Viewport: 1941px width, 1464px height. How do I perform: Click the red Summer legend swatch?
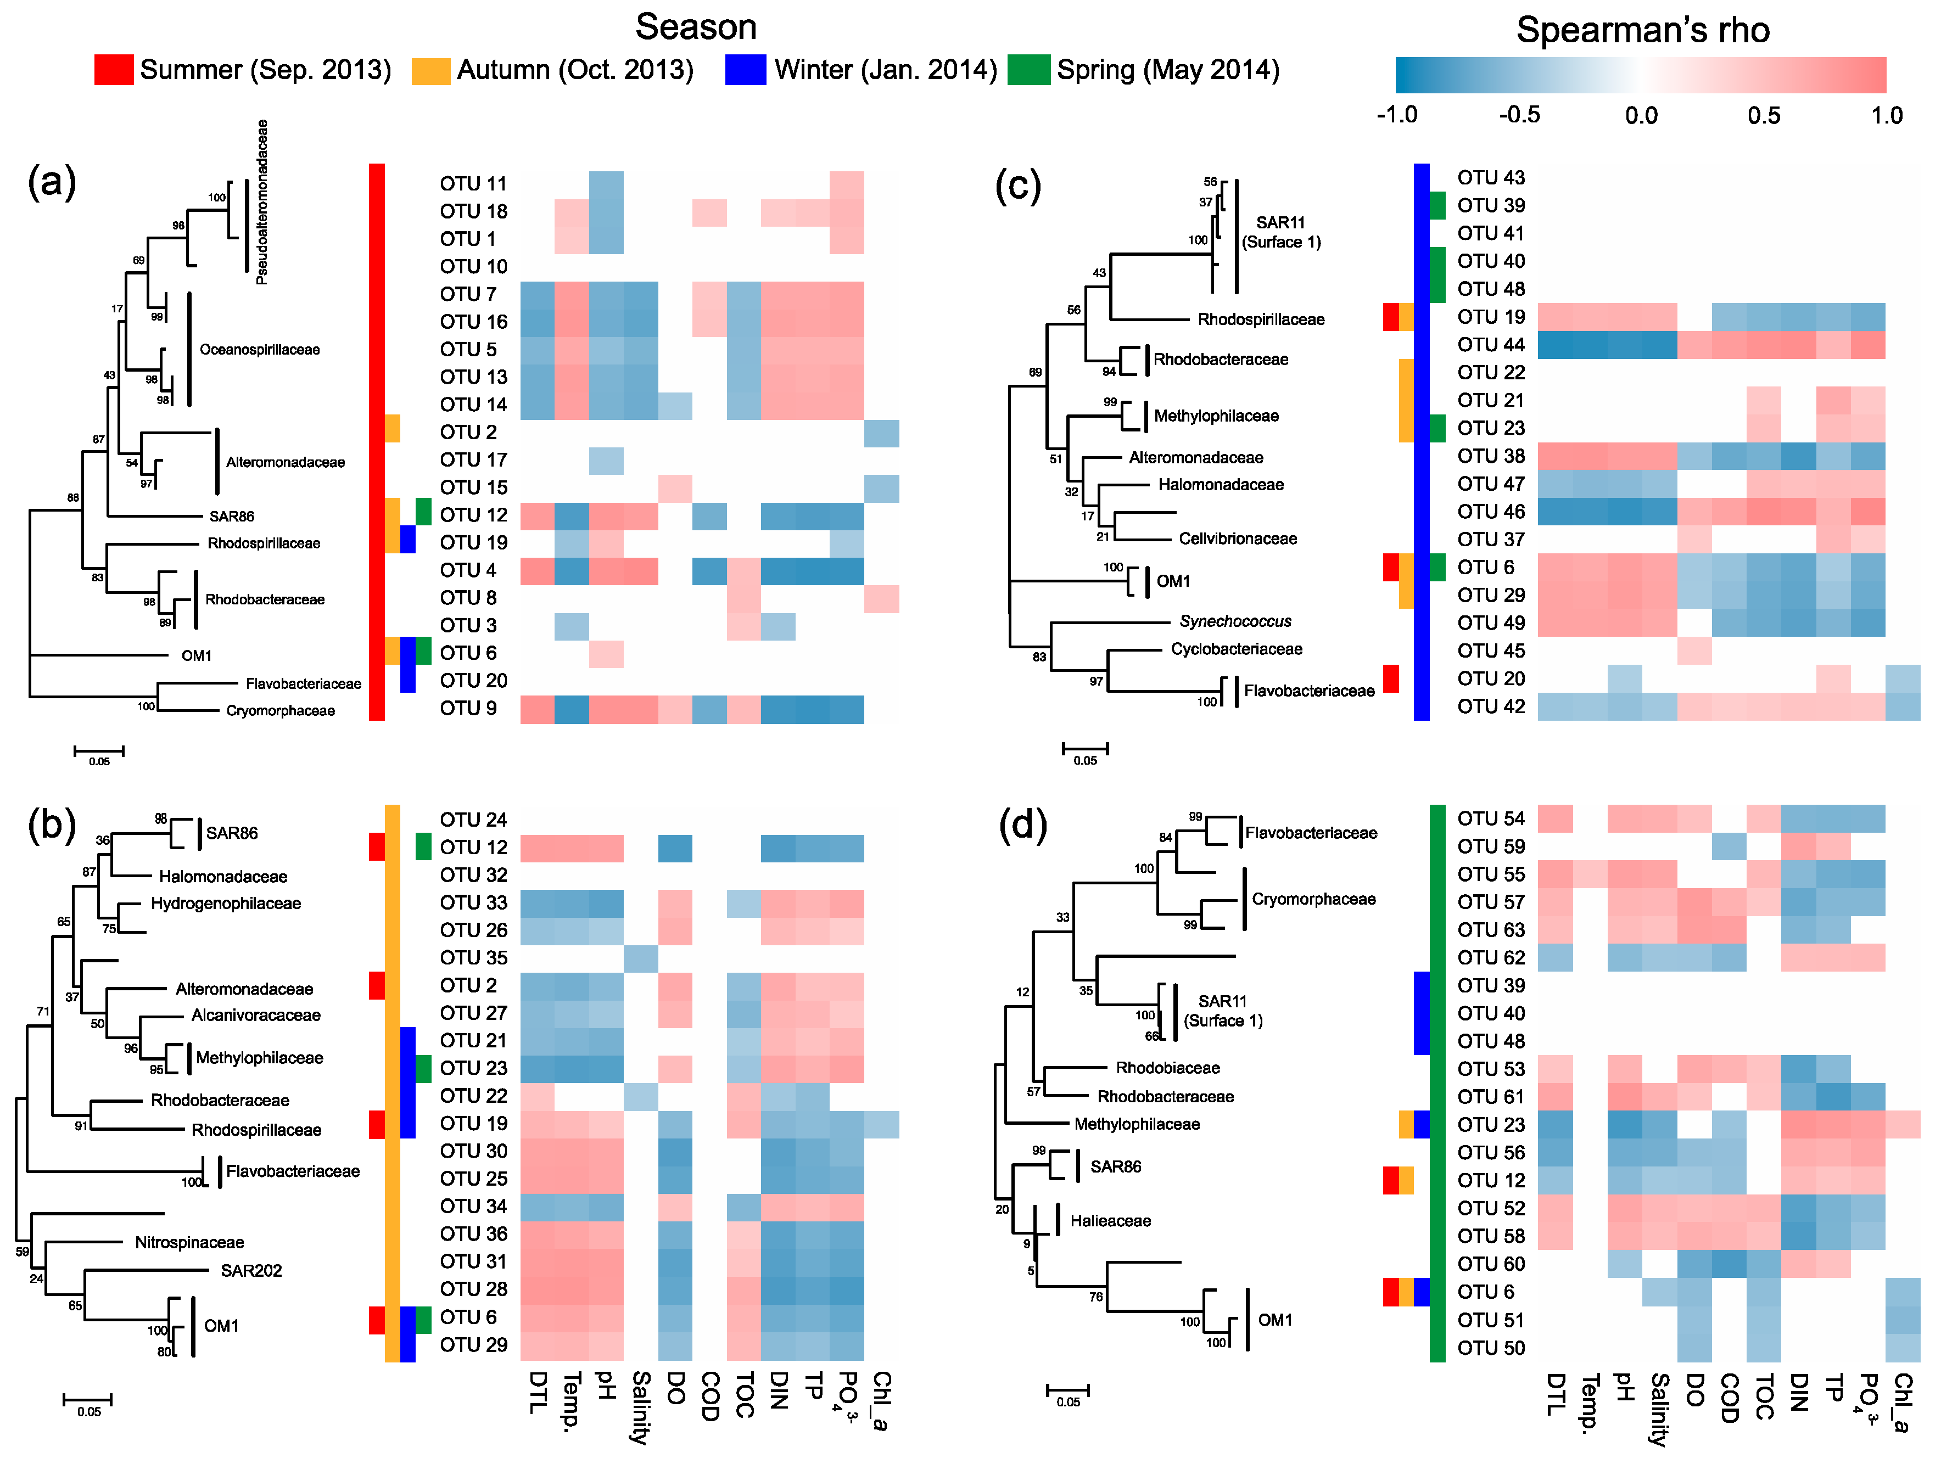click(114, 69)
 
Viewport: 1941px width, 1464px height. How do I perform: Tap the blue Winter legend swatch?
click(745, 69)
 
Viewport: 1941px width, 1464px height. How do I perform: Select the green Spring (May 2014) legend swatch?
click(1028, 69)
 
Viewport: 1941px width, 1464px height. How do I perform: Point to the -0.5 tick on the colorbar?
click(1519, 115)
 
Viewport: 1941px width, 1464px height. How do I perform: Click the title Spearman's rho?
click(1643, 31)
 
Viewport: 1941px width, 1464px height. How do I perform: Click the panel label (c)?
click(1018, 184)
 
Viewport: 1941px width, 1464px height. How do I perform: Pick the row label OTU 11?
click(473, 183)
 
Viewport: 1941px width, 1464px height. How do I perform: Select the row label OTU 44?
click(1491, 345)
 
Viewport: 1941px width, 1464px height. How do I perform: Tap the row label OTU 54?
click(1491, 818)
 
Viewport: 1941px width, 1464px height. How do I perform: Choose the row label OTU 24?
click(473, 819)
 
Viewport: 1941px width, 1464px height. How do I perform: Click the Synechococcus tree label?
click(1235, 621)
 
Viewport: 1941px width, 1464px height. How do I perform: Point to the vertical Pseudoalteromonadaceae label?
click(261, 202)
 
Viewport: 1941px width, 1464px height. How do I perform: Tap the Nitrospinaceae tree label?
click(189, 1242)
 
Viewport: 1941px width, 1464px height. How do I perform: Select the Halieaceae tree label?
click(1110, 1220)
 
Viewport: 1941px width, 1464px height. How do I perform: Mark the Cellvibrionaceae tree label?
click(1237, 539)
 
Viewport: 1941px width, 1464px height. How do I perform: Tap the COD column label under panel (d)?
click(1729, 1396)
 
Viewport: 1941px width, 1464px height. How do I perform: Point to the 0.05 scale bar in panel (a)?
click(99, 751)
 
